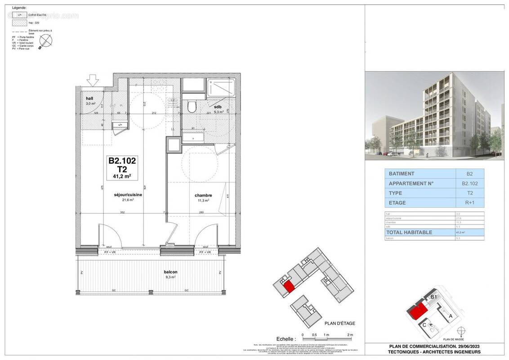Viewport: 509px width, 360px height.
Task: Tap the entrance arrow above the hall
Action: (x=93, y=81)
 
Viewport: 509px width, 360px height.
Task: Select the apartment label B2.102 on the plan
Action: (x=122, y=160)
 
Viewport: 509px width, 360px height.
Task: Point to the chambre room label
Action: (x=203, y=195)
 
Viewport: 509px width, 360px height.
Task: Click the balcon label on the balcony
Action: (x=170, y=272)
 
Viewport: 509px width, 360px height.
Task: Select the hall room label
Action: (x=89, y=98)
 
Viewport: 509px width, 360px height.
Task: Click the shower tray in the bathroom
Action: (x=221, y=87)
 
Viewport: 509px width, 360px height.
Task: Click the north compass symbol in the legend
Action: (x=46, y=41)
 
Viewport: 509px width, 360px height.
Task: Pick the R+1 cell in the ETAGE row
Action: (x=469, y=203)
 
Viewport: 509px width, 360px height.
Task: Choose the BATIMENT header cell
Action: (x=402, y=174)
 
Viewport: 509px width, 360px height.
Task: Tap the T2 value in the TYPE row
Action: (x=469, y=193)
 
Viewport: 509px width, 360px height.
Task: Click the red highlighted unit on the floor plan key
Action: (x=288, y=286)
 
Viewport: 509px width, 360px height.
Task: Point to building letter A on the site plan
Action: (x=451, y=316)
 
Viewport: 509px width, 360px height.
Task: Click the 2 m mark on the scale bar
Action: (x=350, y=335)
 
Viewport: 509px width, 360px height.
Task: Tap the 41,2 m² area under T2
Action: (x=122, y=176)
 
